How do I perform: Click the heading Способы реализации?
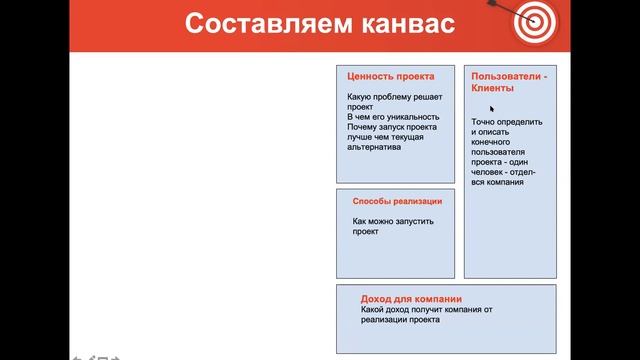pyautogui.click(x=397, y=201)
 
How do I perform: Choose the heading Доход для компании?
pyautogui.click(x=411, y=298)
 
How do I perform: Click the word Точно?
pyautogui.click(x=484, y=122)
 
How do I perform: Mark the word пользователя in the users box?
pyautogui.click(x=497, y=152)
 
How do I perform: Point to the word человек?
pyautogui.click(x=491, y=172)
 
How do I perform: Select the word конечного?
pyautogui.click(x=492, y=142)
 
